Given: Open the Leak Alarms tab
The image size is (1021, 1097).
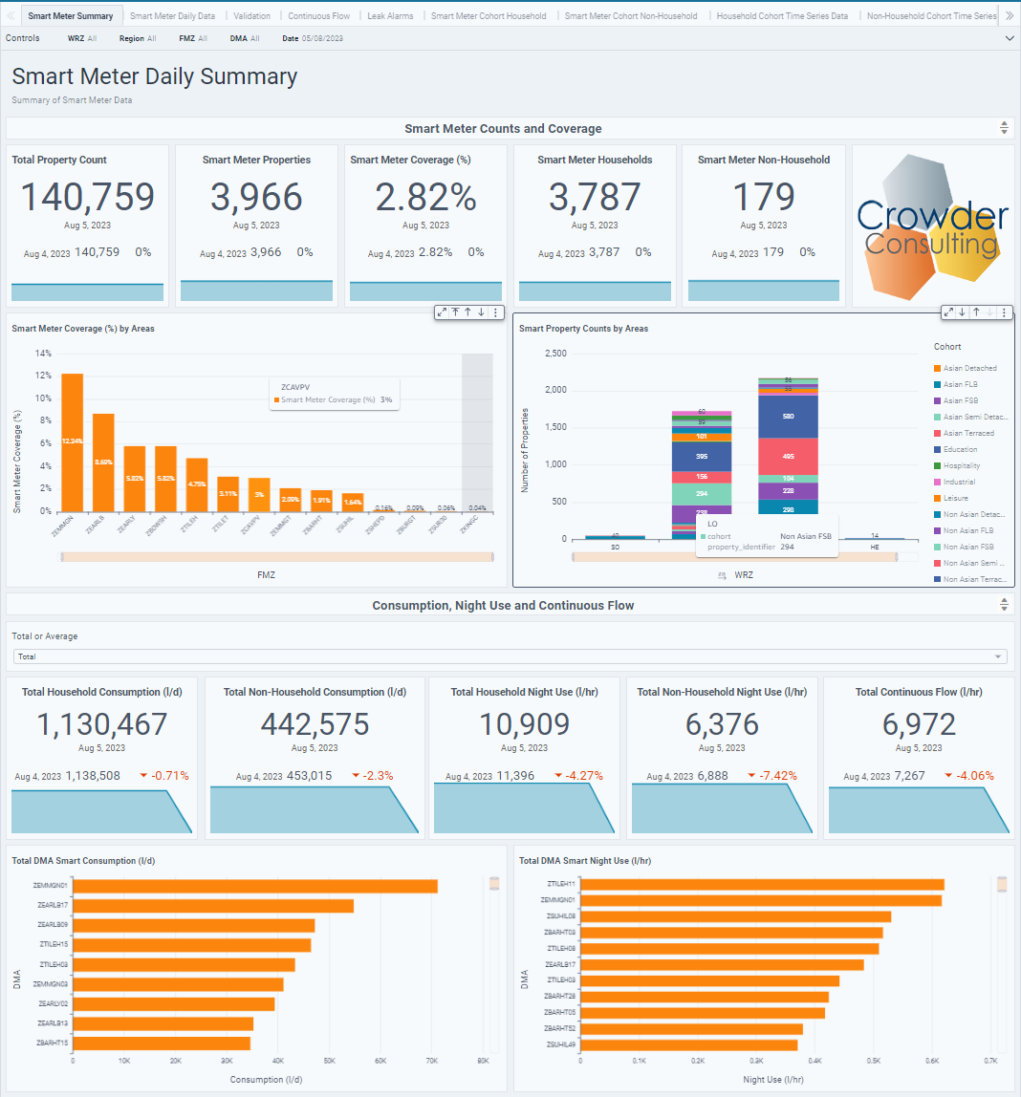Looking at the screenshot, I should tap(391, 16).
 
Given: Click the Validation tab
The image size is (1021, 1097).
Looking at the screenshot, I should tap(252, 16).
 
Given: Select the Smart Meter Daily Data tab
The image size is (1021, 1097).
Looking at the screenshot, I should tap(172, 16).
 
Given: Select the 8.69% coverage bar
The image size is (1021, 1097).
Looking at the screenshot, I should tap(103, 462).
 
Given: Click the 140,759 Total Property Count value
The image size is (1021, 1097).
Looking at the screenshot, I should tap(87, 197).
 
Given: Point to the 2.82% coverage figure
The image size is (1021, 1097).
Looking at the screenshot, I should tap(425, 197).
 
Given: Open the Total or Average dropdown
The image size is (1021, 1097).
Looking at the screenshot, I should tap(510, 656).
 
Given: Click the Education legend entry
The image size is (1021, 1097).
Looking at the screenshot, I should tap(960, 449).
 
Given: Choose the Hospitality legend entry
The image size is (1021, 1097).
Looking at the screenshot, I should tap(961, 465).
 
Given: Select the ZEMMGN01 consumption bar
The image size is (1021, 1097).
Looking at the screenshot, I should tap(254, 886).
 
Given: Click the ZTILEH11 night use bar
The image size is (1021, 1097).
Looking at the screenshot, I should tap(762, 884).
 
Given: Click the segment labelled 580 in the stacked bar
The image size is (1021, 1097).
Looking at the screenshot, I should tap(787, 417).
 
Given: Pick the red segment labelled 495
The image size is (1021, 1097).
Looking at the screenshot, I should tap(787, 456).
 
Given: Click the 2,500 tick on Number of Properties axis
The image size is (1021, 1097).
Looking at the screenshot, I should tap(554, 354).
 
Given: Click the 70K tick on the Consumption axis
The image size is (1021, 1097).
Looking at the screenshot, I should tap(432, 1061).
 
